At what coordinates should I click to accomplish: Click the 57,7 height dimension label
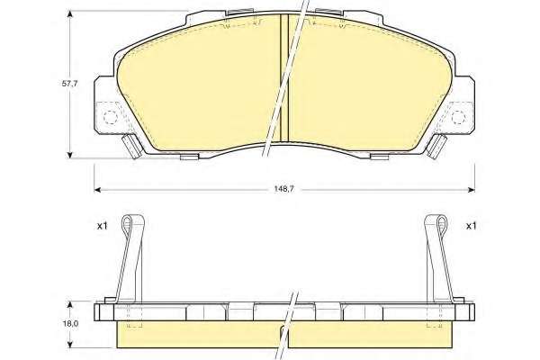point(70,84)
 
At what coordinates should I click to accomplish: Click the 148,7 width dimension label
point(283,189)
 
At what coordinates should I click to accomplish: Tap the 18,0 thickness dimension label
point(70,324)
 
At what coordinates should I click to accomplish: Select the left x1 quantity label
point(102,226)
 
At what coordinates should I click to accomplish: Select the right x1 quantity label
point(471,226)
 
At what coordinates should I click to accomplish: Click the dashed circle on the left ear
point(111,117)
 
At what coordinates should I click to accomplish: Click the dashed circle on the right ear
point(459,117)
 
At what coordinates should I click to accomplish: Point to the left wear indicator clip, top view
point(132,146)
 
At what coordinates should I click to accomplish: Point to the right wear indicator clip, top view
point(436,146)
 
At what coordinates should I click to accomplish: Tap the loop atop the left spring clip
point(127,222)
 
